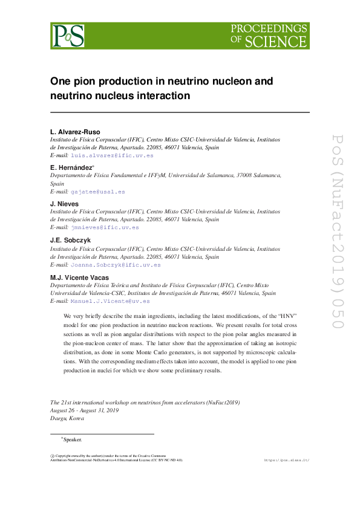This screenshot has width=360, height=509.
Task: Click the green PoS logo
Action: tap(67, 36)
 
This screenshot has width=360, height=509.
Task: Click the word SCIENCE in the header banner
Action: tap(283, 42)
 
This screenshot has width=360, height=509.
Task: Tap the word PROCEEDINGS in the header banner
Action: tap(269, 28)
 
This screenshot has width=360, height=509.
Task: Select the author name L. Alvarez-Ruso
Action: tap(75, 131)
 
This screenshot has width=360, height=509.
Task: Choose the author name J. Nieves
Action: tap(64, 204)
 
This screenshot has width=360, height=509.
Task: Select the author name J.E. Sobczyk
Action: tap(70, 240)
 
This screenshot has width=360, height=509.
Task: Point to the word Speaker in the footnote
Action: tap(72, 439)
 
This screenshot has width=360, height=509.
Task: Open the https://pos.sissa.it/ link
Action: tap(287, 460)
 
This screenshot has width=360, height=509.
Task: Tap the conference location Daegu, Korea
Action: tap(67, 418)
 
